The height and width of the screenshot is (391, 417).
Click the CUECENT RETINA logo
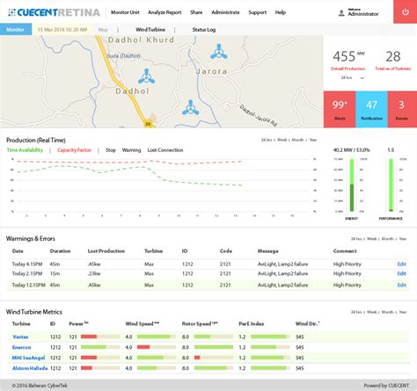[54, 13]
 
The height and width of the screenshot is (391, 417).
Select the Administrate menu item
[225, 13]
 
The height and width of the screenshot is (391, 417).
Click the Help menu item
[280, 13]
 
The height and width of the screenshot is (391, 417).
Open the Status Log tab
[204, 29]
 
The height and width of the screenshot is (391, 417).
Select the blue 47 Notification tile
[370, 108]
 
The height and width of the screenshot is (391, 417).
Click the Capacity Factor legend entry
[75, 150]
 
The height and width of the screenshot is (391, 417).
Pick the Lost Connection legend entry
[165, 150]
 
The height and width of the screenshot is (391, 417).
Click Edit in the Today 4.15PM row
[402, 264]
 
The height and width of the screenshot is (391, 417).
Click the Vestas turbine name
[21, 336]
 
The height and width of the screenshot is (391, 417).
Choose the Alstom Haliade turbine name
[29, 368]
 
